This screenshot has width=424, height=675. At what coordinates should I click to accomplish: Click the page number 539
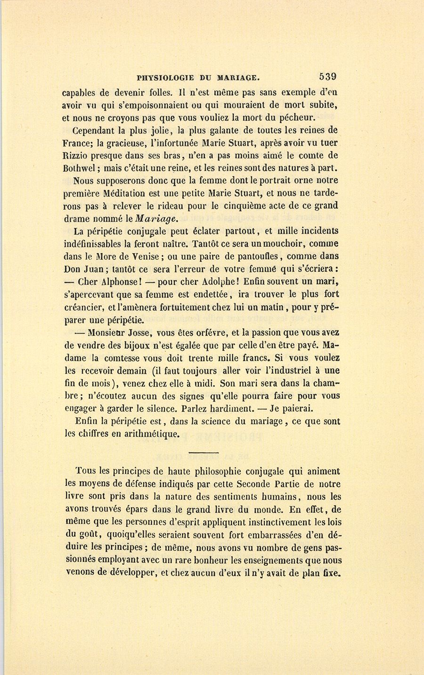pyautogui.click(x=327, y=77)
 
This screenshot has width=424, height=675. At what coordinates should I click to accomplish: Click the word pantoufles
pyautogui.click(x=255, y=257)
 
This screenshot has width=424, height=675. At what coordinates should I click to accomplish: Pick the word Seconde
pyautogui.click(x=258, y=484)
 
